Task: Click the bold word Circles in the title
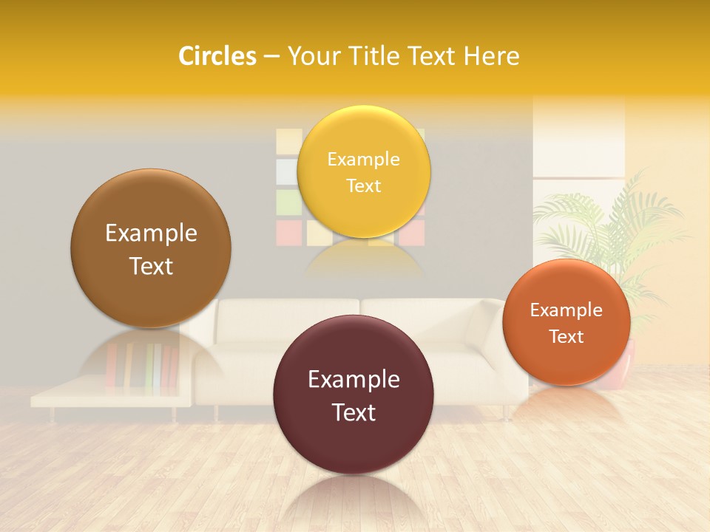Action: (x=217, y=56)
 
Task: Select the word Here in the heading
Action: (x=492, y=56)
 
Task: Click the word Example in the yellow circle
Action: (x=363, y=160)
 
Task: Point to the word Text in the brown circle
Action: (x=151, y=266)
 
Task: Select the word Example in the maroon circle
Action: (x=354, y=380)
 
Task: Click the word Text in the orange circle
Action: (x=567, y=337)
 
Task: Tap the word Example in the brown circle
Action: (x=151, y=233)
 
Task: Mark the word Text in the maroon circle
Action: (x=354, y=412)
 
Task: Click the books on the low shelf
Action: (x=141, y=366)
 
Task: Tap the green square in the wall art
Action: (x=288, y=201)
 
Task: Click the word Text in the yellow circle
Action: (x=363, y=186)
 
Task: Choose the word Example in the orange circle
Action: (x=567, y=310)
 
